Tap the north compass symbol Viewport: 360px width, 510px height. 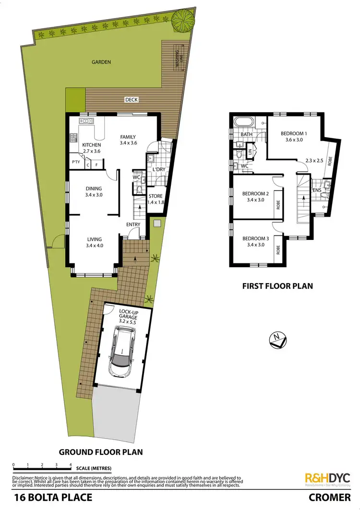click(x=276, y=339)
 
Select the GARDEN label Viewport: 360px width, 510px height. click(x=102, y=62)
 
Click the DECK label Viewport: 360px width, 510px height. click(x=131, y=100)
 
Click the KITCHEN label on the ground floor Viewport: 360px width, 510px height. click(x=92, y=145)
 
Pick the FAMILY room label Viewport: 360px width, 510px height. click(x=128, y=137)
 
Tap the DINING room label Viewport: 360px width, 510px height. click(x=94, y=189)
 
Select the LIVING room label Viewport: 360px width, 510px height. click(x=94, y=239)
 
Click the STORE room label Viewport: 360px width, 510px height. click(x=156, y=196)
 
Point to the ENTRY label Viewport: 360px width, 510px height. click(x=133, y=225)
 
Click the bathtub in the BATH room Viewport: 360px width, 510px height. click(x=240, y=122)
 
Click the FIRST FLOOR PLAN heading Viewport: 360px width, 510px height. click(x=277, y=286)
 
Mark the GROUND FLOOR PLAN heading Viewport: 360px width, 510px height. click(x=100, y=452)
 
